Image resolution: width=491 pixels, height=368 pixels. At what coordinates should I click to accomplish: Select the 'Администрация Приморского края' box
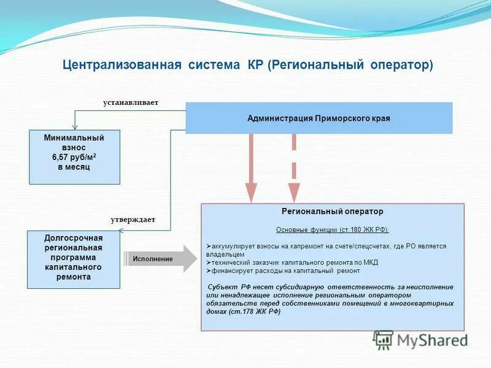319,118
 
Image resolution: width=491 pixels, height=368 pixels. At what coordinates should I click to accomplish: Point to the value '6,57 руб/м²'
74,158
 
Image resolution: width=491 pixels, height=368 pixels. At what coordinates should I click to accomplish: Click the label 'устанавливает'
131,102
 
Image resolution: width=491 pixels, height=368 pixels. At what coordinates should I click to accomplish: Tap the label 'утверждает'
133,219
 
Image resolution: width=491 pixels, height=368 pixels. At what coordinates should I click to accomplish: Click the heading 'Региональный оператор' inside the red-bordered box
332,212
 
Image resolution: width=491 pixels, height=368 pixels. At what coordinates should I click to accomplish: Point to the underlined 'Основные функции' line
332,229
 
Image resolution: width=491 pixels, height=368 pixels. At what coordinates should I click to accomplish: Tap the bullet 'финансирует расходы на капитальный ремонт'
285,270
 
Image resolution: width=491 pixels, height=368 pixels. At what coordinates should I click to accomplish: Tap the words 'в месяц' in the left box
74,167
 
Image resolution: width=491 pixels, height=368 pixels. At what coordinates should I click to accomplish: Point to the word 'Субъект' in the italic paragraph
222,287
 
